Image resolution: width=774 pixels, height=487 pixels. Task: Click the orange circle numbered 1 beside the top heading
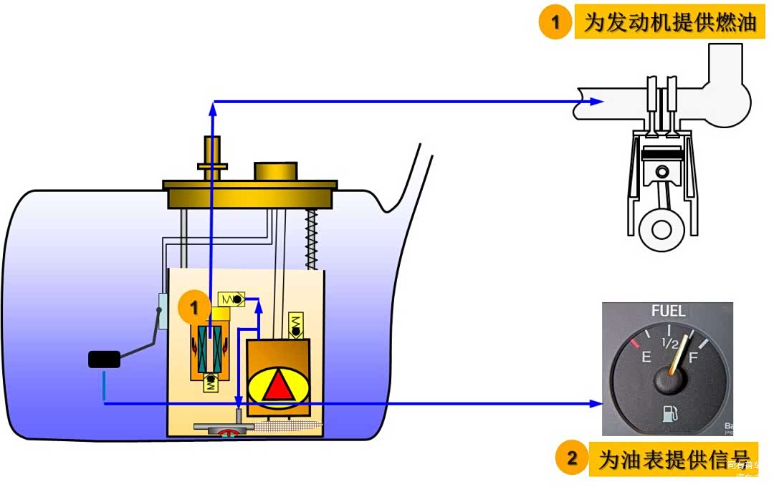554,23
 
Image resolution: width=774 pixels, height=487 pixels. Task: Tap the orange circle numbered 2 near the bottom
572,458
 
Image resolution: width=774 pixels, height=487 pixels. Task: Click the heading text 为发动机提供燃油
670,23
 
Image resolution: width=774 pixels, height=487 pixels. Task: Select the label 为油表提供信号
674,459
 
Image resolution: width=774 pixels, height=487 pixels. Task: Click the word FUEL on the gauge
668,312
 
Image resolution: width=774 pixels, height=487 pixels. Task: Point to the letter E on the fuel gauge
646,356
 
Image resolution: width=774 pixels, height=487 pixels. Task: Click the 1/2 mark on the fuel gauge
669,343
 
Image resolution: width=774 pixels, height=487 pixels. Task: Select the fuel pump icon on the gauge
669,414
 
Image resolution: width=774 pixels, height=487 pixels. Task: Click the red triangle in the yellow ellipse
278,387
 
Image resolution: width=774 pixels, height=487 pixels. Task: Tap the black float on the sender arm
104,360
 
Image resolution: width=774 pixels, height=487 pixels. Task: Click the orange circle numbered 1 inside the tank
193,309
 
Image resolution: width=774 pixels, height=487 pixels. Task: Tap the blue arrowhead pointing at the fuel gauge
596,404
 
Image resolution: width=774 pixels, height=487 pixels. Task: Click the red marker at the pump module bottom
229,432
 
